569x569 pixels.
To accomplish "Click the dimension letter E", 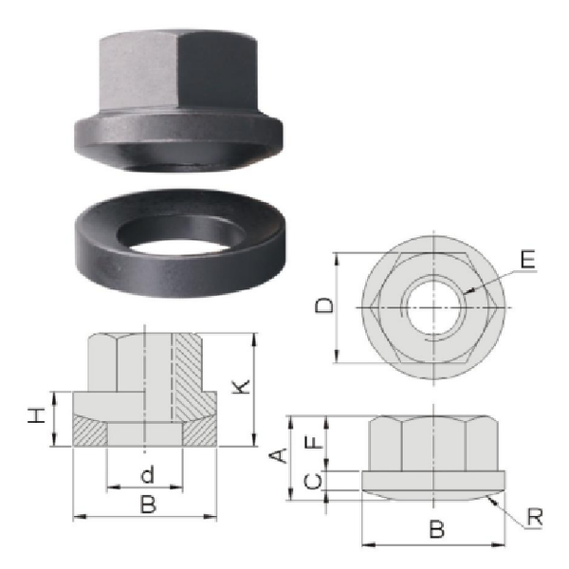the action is pos(527,259).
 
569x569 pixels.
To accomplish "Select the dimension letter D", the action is pos(323,305).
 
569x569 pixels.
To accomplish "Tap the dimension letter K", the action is pos(241,387).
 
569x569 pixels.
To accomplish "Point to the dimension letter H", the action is pos(36,415).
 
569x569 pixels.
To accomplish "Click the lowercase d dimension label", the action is pos(148,475).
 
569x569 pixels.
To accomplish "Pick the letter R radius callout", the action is pos(535,517).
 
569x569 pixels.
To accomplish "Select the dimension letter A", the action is pos(279,455).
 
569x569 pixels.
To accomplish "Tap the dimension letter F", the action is pos(314,442).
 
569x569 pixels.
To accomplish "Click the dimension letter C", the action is pos(313,481).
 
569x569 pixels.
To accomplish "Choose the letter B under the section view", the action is pos(149,505).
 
